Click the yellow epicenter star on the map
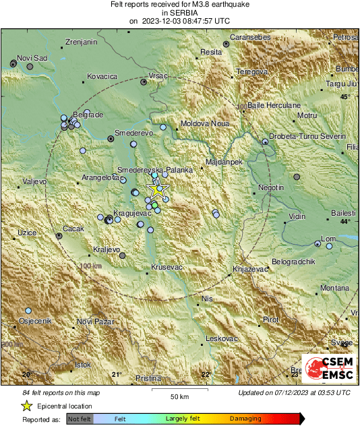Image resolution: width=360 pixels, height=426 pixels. [158, 189]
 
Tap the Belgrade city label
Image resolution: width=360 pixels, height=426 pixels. [88, 115]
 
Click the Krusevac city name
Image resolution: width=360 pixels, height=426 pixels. [167, 268]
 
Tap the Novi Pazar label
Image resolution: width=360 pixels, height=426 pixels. [93, 322]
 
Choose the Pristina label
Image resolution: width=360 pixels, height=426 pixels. [148, 379]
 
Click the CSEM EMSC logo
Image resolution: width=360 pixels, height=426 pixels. [328, 369]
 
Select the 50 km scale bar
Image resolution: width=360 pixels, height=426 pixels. [179, 390]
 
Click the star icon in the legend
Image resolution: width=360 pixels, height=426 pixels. [26, 406]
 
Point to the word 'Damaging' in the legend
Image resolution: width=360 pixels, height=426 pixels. [245, 419]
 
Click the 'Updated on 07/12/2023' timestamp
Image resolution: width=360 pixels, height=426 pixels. [294, 392]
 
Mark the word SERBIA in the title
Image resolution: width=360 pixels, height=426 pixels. [179, 13]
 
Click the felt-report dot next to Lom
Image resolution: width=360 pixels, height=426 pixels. [318, 244]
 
